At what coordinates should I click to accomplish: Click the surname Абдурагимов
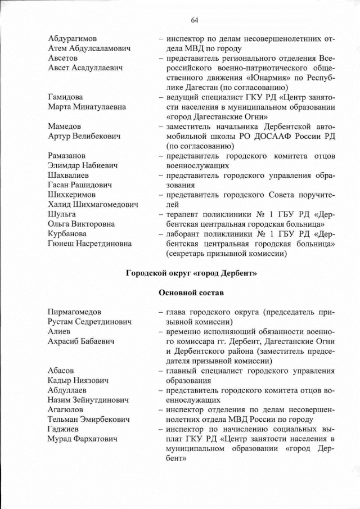pos(72,39)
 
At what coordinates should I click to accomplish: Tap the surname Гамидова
pos(65,97)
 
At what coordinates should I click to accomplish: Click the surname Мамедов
pos(64,127)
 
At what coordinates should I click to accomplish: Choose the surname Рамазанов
pos(66,156)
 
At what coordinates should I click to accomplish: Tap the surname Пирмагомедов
pos(74,312)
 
